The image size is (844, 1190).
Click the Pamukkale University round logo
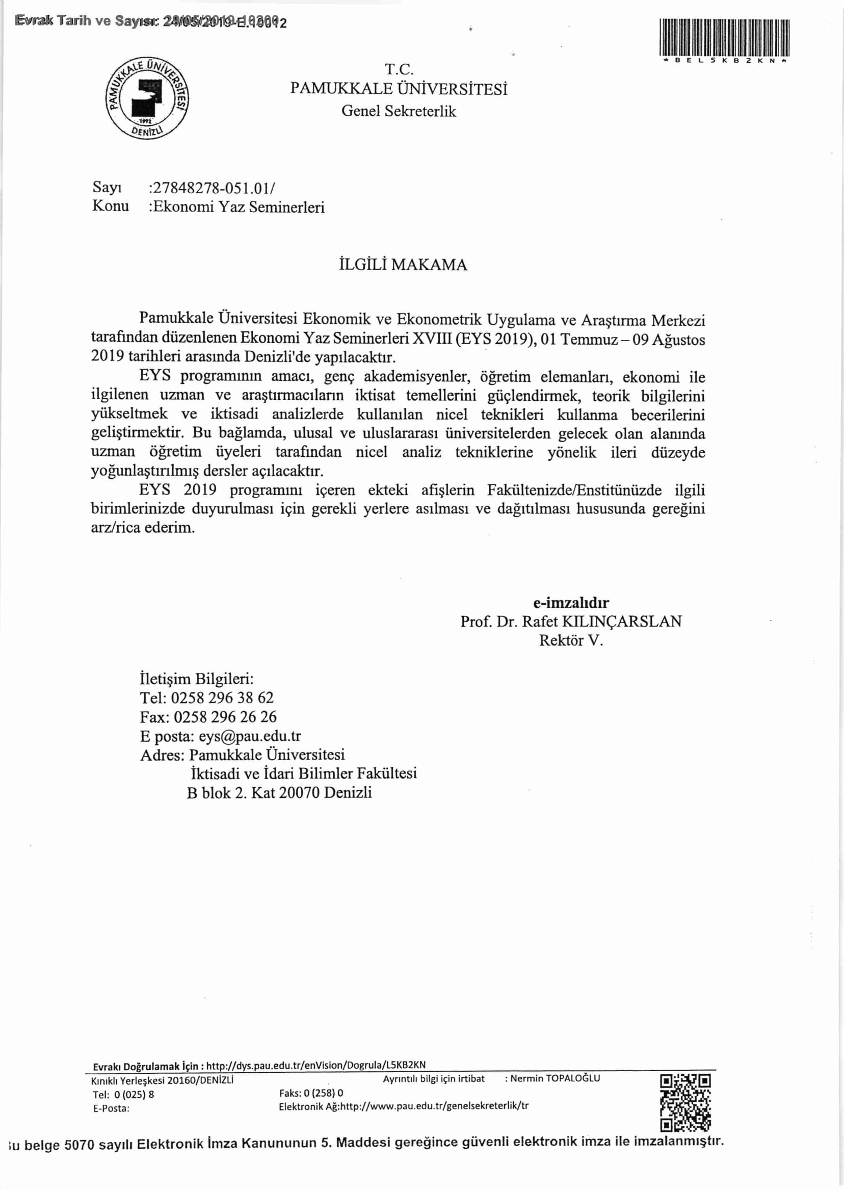coord(148,98)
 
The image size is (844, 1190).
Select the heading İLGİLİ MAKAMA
coord(403,265)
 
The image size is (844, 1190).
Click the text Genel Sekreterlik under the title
coord(399,111)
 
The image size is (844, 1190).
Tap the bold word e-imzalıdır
coord(571,603)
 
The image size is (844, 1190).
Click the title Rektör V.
coord(571,640)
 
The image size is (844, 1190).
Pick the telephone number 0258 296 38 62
coord(222,697)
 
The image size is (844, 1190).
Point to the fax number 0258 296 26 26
coord(225,717)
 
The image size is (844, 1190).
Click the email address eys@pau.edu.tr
coord(249,736)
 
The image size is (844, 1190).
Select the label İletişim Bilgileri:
coord(196,679)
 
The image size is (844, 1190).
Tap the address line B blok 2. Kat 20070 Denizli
coord(280,793)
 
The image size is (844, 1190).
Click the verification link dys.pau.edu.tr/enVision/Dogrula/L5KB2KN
coord(315,1065)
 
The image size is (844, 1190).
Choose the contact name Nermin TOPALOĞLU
coord(555,1078)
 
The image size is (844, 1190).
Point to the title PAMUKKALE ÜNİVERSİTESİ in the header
coord(399,89)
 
